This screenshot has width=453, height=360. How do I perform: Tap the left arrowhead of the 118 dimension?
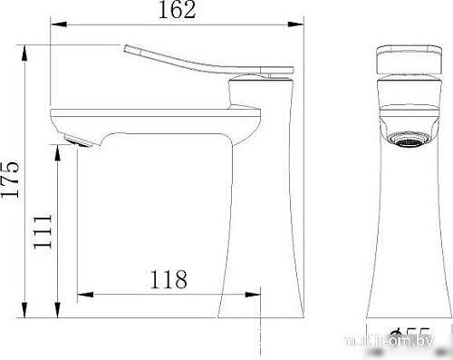point(82,293)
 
